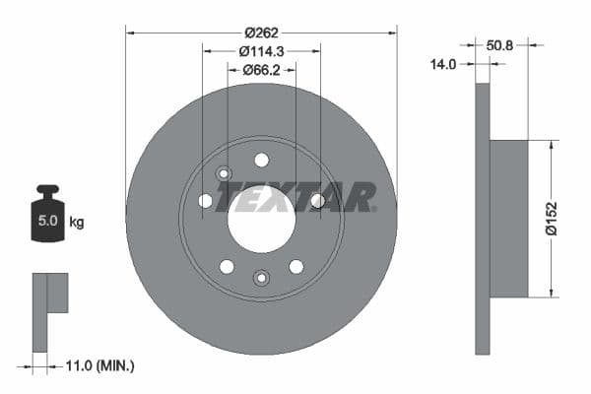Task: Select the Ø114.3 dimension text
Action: (x=261, y=51)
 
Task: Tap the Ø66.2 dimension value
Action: (x=261, y=70)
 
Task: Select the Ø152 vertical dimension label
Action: (x=553, y=218)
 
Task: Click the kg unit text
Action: (x=76, y=222)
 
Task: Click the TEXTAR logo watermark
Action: (x=295, y=197)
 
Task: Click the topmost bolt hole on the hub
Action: (x=261, y=160)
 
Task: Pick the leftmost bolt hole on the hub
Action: (x=205, y=201)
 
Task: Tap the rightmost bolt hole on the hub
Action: (x=317, y=201)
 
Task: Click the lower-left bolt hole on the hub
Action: (x=227, y=266)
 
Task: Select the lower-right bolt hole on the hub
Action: (x=295, y=266)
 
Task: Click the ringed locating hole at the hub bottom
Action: (x=261, y=278)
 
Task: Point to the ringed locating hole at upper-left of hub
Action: (x=224, y=173)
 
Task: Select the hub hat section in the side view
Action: (x=508, y=218)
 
